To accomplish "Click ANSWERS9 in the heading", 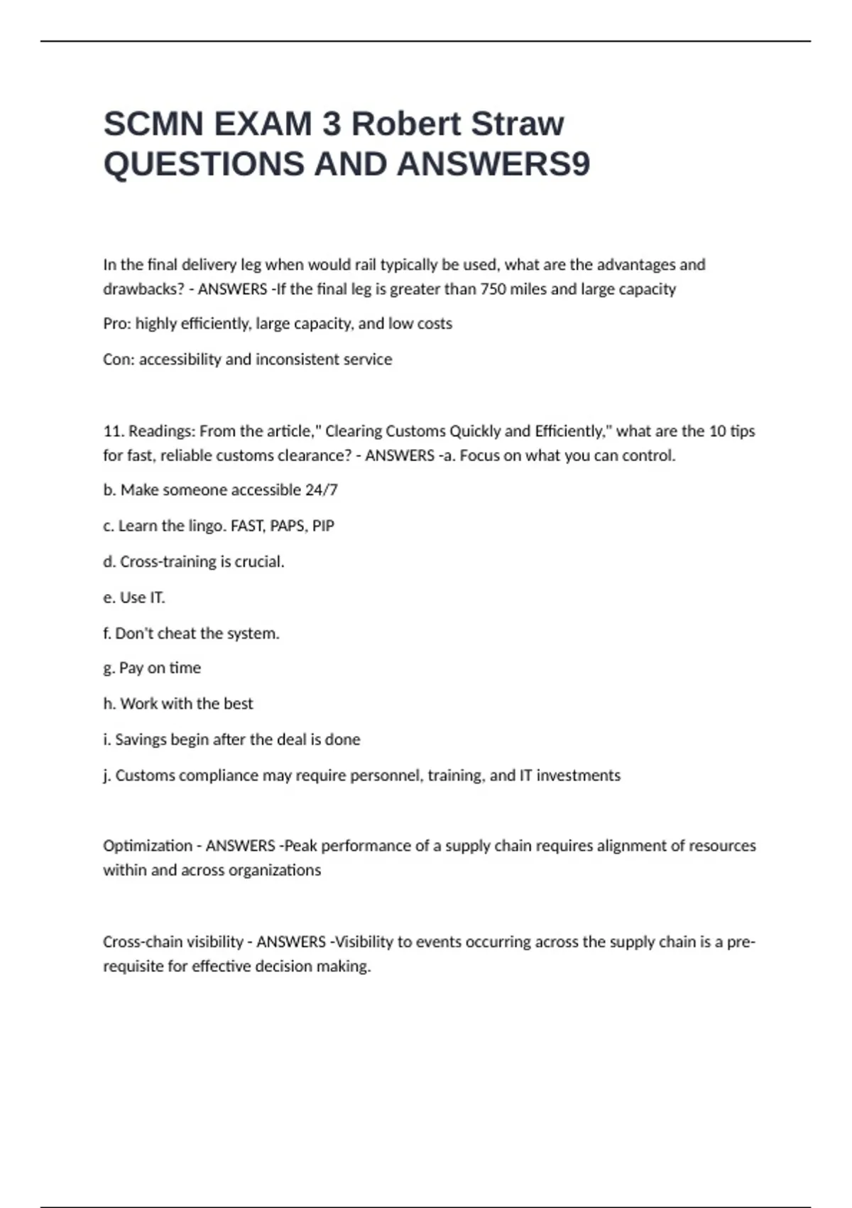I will (493, 164).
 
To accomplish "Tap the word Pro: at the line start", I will (117, 324).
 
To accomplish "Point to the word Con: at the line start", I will (119, 360).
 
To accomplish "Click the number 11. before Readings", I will (114, 431).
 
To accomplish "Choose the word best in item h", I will (238, 704).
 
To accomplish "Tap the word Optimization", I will (148, 846).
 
